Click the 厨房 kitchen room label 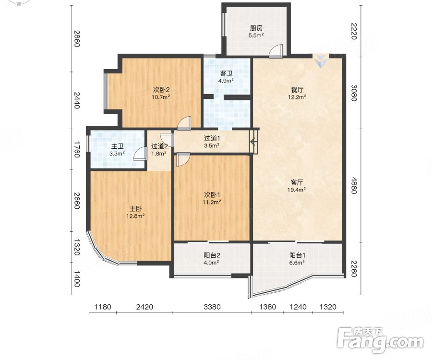pyautogui.click(x=256, y=28)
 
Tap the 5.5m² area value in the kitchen pyautogui.click(x=256, y=35)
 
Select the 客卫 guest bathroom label pyautogui.click(x=226, y=73)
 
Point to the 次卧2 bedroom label pyautogui.click(x=161, y=90)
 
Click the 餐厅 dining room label pyautogui.click(x=297, y=90)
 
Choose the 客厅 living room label pyautogui.click(x=297, y=182)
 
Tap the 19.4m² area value pyautogui.click(x=297, y=190)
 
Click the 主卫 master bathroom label pyautogui.click(x=117, y=146)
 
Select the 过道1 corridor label pyautogui.click(x=212, y=139)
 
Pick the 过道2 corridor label pyautogui.click(x=159, y=146)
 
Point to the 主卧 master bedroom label pyautogui.click(x=135, y=209)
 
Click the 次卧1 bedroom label pyautogui.click(x=212, y=195)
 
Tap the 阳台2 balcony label pyautogui.click(x=212, y=255)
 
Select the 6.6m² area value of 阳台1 pyautogui.click(x=297, y=263)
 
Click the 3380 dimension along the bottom pyautogui.click(x=212, y=307)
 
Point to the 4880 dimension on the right pyautogui.click(x=354, y=186)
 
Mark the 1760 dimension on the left pyautogui.click(x=77, y=149)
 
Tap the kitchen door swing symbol pyautogui.click(x=276, y=51)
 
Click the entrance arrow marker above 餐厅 pyautogui.click(x=321, y=60)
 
